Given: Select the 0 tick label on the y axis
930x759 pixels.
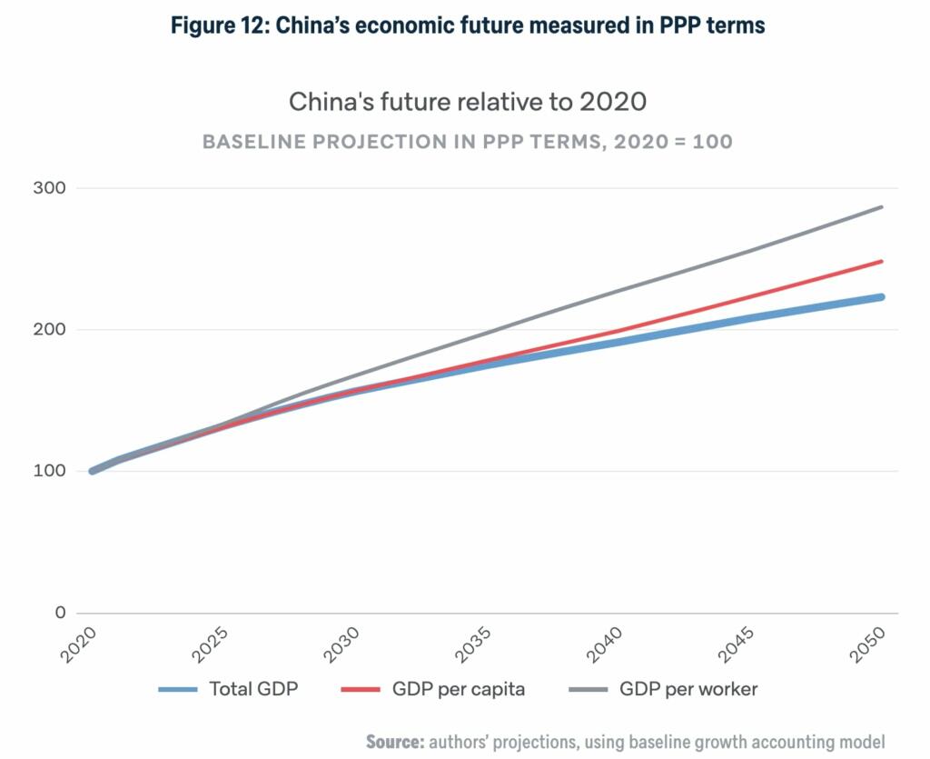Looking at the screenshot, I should click(x=60, y=613).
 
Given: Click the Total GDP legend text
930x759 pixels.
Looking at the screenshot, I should click(x=253, y=689).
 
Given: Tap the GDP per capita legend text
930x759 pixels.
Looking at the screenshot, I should click(x=459, y=689).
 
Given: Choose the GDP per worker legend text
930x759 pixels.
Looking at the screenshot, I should click(x=688, y=689).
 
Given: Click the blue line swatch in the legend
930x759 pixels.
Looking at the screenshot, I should click(x=178, y=690).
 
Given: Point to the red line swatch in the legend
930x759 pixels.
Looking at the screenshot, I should click(x=361, y=690).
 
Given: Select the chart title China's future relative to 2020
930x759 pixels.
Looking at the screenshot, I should click(x=468, y=101).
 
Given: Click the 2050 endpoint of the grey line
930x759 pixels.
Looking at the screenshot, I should click(x=881, y=207).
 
